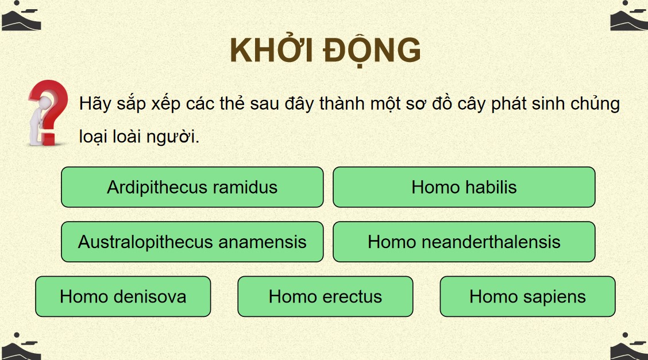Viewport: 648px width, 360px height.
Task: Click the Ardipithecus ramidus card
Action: [192, 187]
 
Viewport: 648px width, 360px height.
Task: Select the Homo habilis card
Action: [464, 187]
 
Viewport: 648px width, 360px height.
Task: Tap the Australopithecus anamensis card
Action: [192, 242]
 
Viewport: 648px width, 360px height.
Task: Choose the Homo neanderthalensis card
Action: [464, 242]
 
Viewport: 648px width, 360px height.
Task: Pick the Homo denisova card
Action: [123, 296]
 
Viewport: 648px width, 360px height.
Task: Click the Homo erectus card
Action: [325, 296]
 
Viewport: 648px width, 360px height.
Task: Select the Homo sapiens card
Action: [528, 296]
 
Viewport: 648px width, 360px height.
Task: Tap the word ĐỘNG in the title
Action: [372, 51]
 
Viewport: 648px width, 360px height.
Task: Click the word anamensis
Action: [263, 242]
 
